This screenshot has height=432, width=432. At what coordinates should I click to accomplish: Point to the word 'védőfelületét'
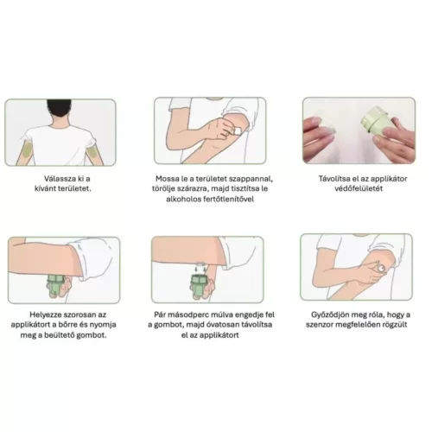click(359, 189)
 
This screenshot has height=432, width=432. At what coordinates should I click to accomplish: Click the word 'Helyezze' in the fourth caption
click(45, 314)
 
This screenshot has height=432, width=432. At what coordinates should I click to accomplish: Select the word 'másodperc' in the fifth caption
click(189, 314)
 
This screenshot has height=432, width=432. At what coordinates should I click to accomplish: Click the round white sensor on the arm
click(381, 269)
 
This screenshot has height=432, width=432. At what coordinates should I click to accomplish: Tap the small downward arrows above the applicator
click(200, 270)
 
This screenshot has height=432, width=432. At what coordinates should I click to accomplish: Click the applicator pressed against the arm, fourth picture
click(56, 286)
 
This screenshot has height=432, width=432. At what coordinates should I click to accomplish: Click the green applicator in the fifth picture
click(200, 286)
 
